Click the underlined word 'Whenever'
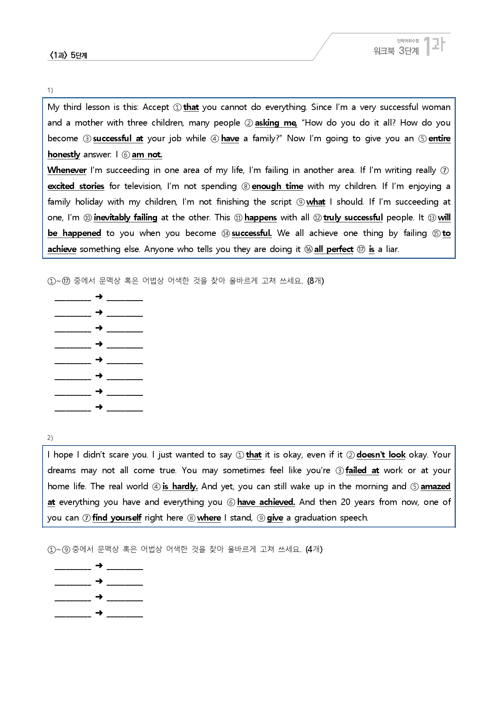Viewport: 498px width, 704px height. (x=67, y=170)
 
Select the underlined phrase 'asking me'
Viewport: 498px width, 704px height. (x=276, y=123)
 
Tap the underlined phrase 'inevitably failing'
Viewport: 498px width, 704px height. (x=125, y=218)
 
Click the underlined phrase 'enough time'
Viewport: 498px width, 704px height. (x=277, y=186)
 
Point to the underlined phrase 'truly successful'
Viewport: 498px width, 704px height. (x=353, y=218)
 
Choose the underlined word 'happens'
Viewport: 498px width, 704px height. (x=260, y=218)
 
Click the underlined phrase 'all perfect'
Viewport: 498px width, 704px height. (x=333, y=249)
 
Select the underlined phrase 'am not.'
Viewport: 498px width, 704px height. (x=147, y=155)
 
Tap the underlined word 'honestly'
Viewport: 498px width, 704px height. (x=64, y=155)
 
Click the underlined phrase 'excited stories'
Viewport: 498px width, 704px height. (x=76, y=186)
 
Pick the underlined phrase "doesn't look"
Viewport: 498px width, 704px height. (x=381, y=455)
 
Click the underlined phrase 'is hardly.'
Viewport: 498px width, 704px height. (x=180, y=486)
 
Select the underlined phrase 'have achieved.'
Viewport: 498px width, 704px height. (x=266, y=502)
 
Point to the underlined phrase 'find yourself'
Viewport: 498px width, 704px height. (x=116, y=518)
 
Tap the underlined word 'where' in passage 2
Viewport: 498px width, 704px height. (x=209, y=518)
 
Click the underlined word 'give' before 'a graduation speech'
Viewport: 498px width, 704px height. (x=275, y=518)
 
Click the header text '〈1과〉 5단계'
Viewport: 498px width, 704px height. (x=68, y=55)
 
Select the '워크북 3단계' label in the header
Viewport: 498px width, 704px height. (x=396, y=51)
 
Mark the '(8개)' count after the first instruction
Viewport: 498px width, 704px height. (x=315, y=281)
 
